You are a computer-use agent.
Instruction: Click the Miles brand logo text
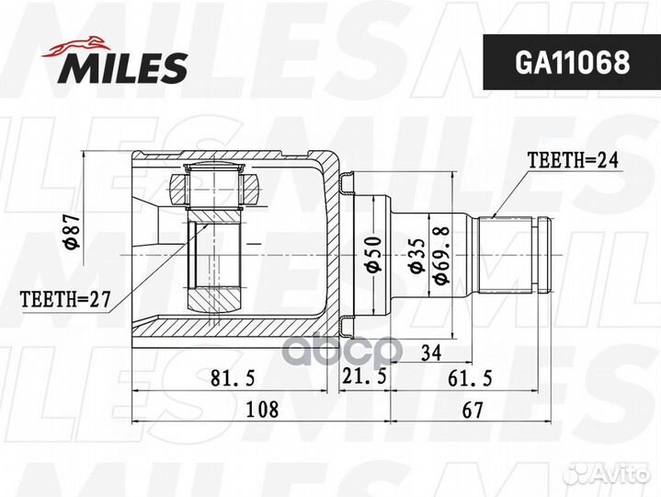click(125, 67)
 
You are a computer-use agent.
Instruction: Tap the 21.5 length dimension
click(363, 377)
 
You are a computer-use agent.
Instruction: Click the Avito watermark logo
click(606, 473)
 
